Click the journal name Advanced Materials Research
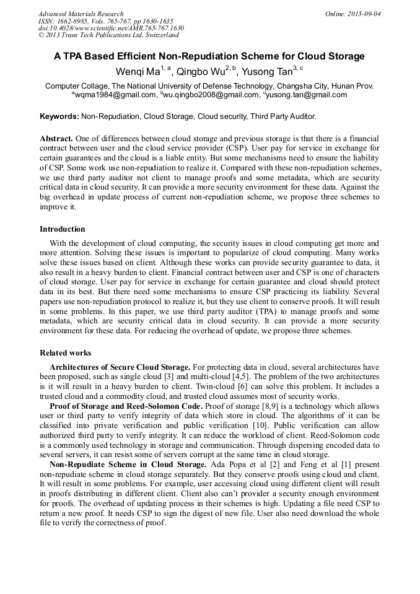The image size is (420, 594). pyautogui.click(x=81, y=14)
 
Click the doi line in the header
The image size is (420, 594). pyautogui.click(x=111, y=28)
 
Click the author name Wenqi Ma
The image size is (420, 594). pyautogui.click(x=138, y=71)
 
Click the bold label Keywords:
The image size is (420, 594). pyautogui.click(x=59, y=116)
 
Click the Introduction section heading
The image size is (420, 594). pyautogui.click(x=63, y=229)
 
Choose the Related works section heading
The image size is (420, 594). pyautogui.click(x=66, y=353)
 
